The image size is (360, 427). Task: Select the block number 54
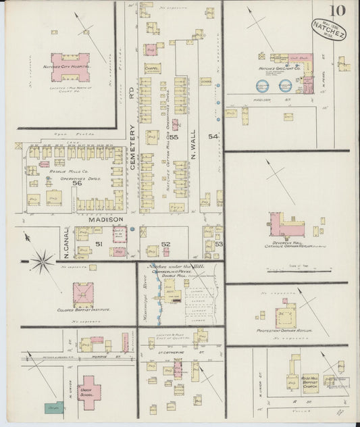point(214,137)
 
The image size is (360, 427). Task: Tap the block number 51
point(99,244)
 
